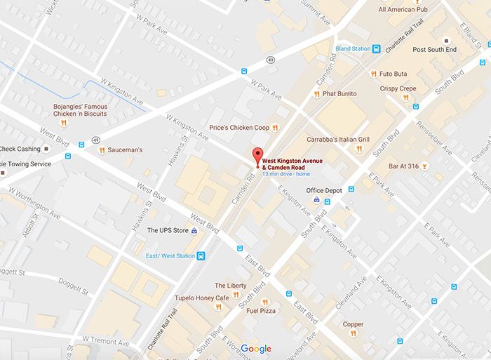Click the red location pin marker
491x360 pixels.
(x=257, y=156)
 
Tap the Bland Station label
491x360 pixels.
(x=352, y=48)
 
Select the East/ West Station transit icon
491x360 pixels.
(x=201, y=256)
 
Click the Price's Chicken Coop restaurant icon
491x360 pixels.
(x=276, y=128)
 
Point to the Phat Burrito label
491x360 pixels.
(x=339, y=93)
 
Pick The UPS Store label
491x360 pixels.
(x=167, y=230)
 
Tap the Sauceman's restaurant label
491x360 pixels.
(x=125, y=149)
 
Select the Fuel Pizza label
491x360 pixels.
(x=260, y=310)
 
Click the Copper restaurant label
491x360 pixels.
(x=353, y=324)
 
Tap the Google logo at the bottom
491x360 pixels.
(x=256, y=349)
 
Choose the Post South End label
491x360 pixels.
(x=434, y=49)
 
